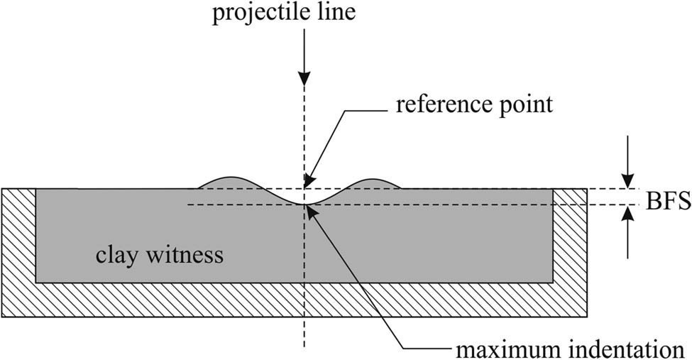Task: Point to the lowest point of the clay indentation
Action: [305, 204]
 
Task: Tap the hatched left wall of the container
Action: [19, 234]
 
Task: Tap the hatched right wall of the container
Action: [571, 234]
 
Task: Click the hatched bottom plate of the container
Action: [295, 299]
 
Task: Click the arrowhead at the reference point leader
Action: [307, 184]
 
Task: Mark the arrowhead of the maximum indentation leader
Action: [312, 208]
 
